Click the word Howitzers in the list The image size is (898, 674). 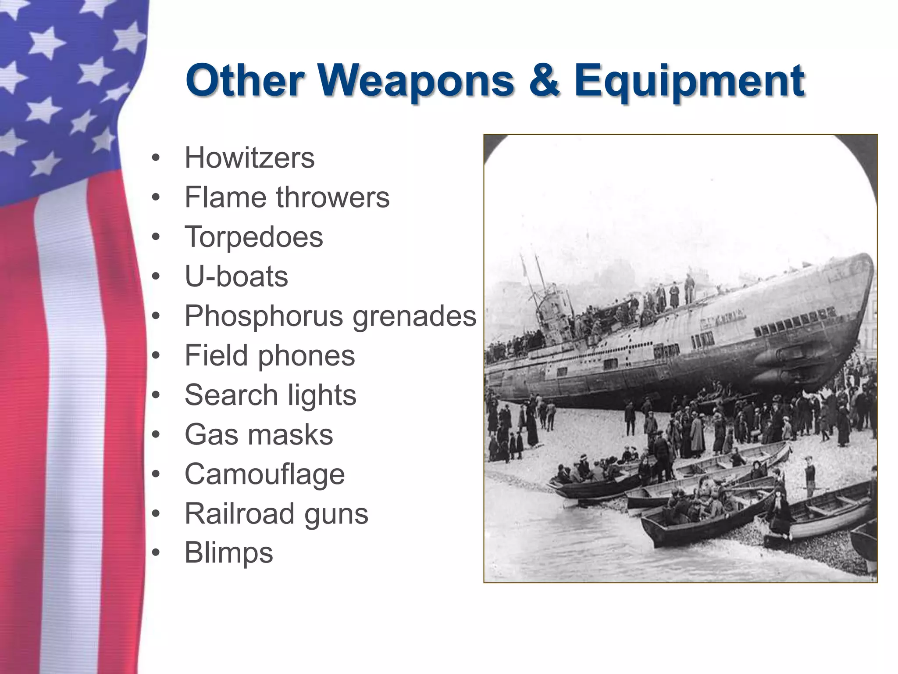(249, 158)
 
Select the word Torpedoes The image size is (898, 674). (253, 237)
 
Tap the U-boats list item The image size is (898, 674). (236, 276)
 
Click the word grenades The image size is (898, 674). (414, 316)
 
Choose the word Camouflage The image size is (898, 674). (264, 475)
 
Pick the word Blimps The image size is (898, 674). (228, 552)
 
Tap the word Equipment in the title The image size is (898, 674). (689, 82)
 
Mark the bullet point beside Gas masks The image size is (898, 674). (156, 435)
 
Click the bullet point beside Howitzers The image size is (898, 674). (156, 158)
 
